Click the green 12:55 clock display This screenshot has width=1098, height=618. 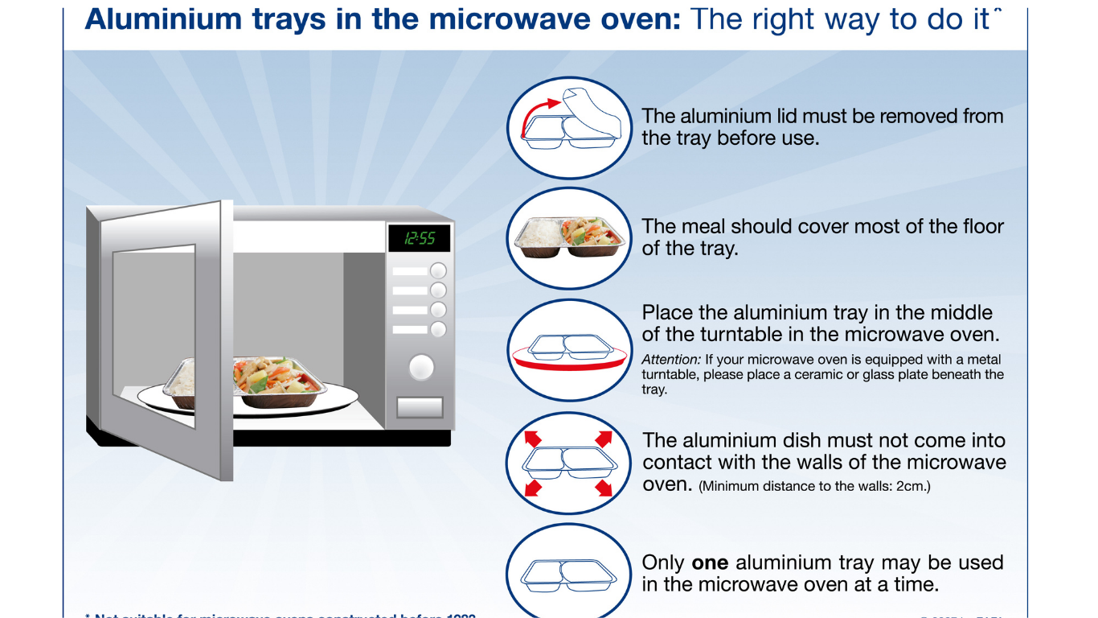tap(419, 238)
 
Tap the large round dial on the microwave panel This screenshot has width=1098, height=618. tap(421, 368)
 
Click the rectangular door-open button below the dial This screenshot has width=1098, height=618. tap(420, 408)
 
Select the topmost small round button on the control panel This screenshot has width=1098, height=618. tap(438, 271)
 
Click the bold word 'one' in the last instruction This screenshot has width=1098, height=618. tap(711, 562)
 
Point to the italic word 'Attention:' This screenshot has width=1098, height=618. tap(671, 360)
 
